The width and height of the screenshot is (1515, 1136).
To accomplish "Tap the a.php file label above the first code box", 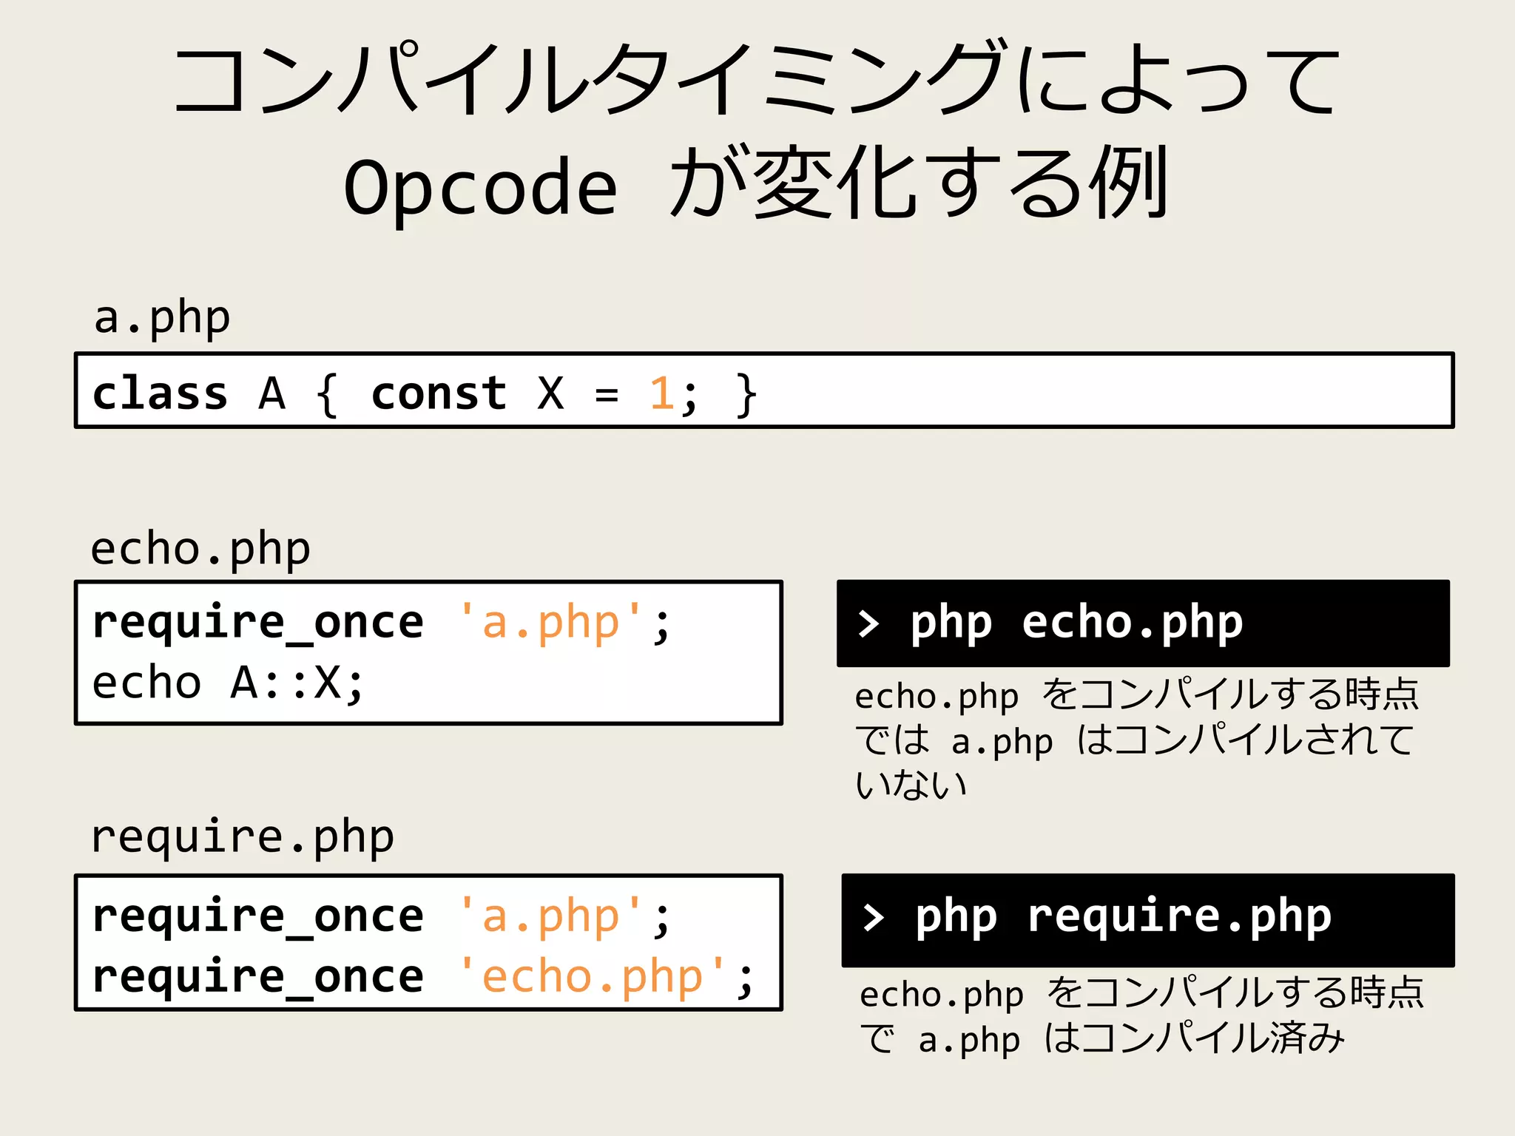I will tap(162, 319).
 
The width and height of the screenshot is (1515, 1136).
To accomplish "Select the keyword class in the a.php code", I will tap(160, 393).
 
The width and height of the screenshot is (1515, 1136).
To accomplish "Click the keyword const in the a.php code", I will tap(439, 393).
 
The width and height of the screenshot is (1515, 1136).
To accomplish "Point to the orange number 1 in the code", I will tap(661, 393).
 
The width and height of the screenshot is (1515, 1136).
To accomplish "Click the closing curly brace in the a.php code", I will tap(746, 394).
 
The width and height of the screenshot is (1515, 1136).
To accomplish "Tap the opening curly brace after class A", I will tap(327, 394).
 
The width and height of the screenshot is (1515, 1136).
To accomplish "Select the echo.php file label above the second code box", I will tap(200, 550).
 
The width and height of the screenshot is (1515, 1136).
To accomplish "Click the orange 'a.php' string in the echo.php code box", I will tap(550, 622).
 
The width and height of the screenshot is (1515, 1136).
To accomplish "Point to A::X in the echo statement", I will tap(296, 683).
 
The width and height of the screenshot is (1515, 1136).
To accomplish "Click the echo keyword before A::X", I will tap(146, 683).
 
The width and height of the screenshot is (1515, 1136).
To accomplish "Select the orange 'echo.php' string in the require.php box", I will tap(592, 977).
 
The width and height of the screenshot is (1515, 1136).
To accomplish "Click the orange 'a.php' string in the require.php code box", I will tap(550, 916).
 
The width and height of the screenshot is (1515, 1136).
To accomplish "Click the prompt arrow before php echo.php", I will tap(868, 623).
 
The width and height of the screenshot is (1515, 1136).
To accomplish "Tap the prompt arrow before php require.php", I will tap(874, 917).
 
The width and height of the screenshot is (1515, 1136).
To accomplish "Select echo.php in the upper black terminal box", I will tap(1132, 623).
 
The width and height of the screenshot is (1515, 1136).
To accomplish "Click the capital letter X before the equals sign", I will tap(550, 393).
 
